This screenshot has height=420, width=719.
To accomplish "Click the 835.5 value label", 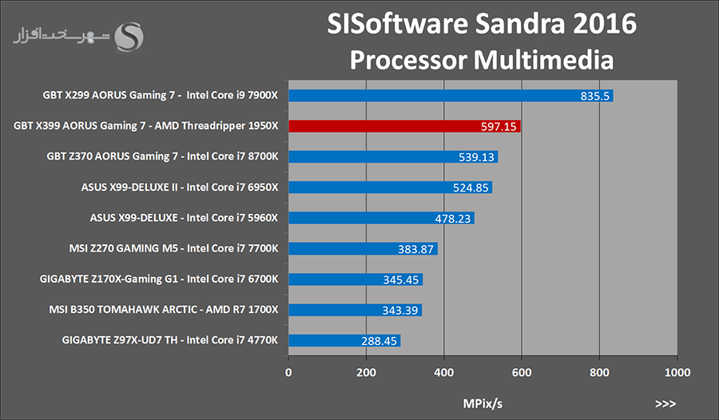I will tap(595, 96).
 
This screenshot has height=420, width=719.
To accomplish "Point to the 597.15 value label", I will tap(499, 126).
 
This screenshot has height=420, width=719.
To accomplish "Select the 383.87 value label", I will tap(415, 249).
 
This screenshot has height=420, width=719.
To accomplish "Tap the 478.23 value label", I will tap(452, 218).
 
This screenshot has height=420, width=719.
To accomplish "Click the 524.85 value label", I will tap(470, 188).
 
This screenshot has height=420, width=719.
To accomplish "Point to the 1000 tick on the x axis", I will tap(677, 372).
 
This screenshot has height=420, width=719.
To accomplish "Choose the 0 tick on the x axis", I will tap(288, 372).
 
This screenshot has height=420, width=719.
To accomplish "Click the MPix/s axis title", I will tap(483, 402).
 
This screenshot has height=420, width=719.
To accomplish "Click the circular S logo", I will tap(131, 35).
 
